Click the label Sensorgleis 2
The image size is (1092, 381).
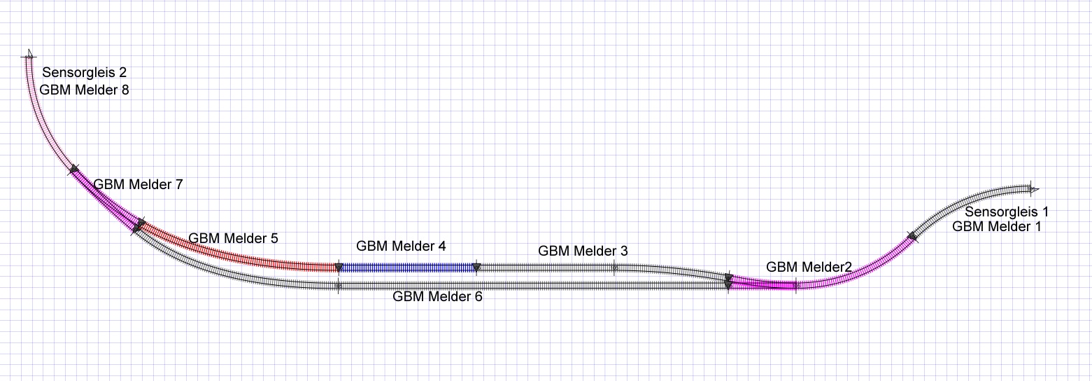85,73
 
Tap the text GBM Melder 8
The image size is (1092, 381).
85,90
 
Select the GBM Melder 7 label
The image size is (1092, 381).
138,184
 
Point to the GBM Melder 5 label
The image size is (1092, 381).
233,238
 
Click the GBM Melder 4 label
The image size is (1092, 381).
401,246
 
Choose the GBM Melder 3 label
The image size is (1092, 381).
583,251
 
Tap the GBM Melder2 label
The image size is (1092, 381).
809,267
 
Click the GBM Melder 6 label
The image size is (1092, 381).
437,296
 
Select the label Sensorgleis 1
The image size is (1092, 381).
1007,212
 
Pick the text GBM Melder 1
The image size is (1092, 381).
997,226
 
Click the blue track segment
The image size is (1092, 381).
408,268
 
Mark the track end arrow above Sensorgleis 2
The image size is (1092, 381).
30,54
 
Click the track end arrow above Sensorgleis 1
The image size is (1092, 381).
1034,189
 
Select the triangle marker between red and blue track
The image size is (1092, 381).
339,268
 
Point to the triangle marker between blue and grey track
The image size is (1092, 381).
477,268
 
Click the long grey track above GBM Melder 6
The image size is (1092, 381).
533,286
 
